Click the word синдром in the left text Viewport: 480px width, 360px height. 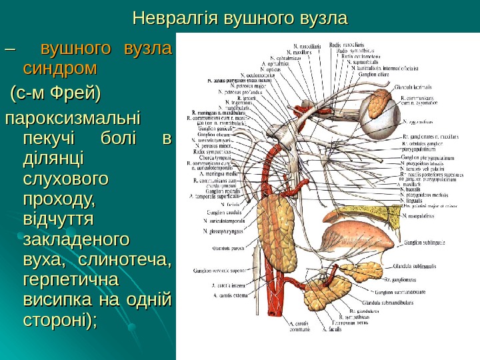(59, 69)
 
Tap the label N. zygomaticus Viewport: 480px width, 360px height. (421, 123)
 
